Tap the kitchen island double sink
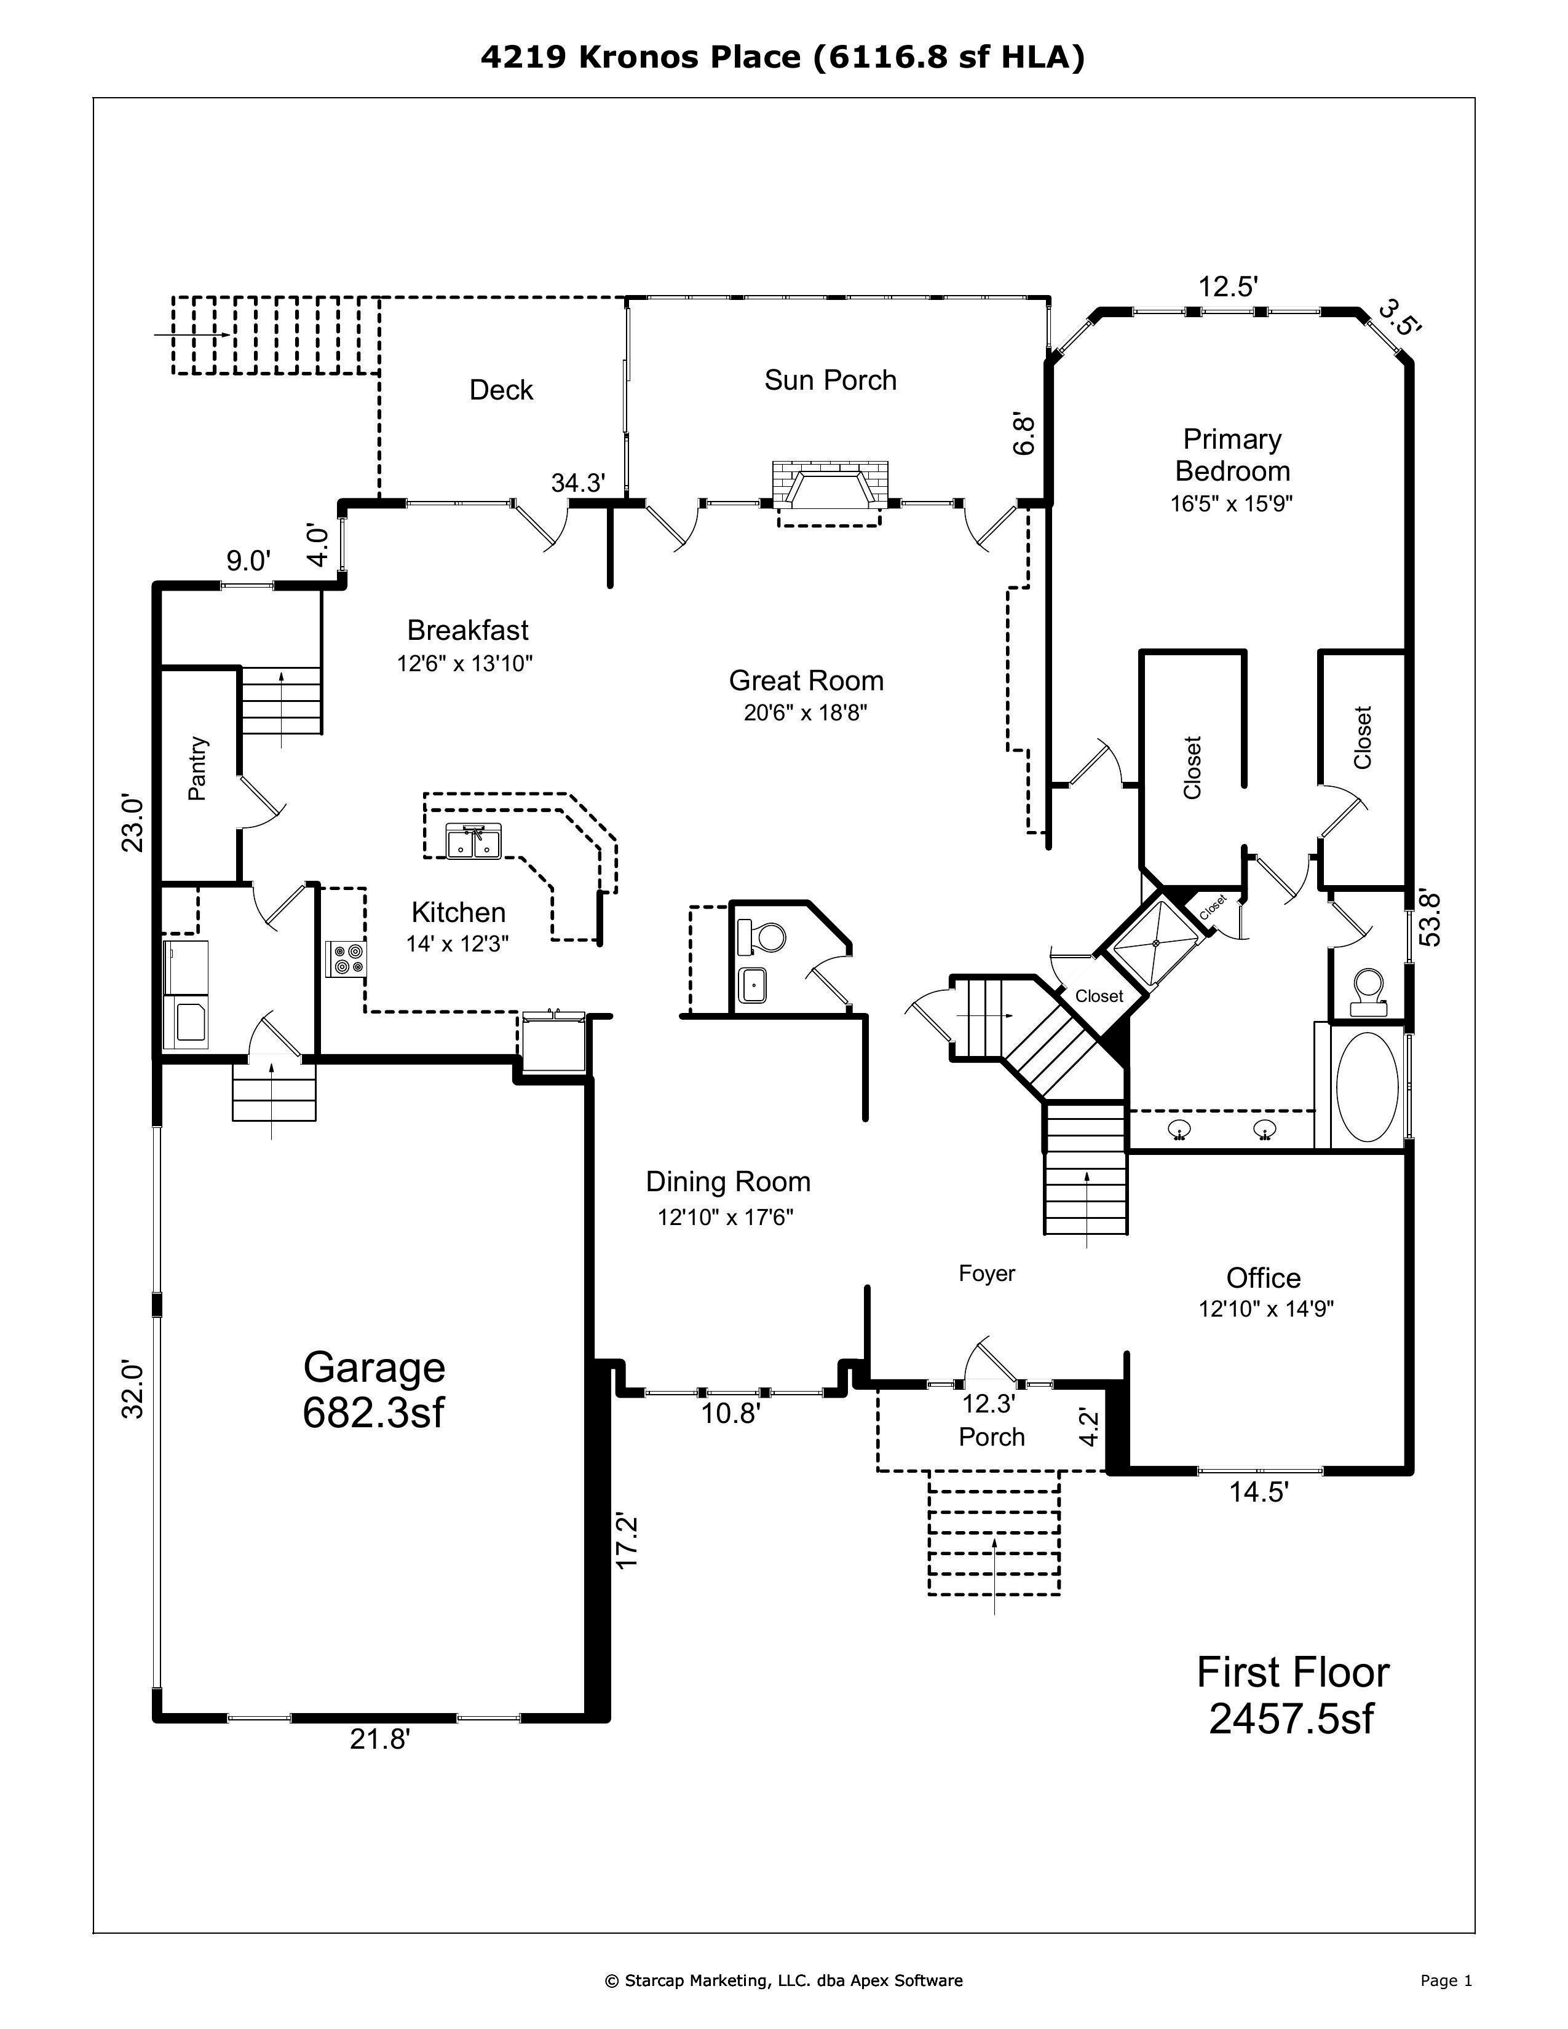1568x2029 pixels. pos(473,841)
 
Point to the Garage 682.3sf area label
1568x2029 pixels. pos(374,1389)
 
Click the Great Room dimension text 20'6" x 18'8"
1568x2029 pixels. pos(805,712)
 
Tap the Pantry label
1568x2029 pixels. pos(197,768)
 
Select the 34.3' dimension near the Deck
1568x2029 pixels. pos(578,483)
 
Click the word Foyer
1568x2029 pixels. pos(986,1273)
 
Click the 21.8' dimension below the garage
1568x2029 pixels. pos(380,1738)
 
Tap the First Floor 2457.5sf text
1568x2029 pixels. pos(1292,1695)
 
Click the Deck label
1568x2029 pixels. pos(501,390)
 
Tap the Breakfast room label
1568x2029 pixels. pos(467,630)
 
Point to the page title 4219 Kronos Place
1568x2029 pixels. pos(783,58)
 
